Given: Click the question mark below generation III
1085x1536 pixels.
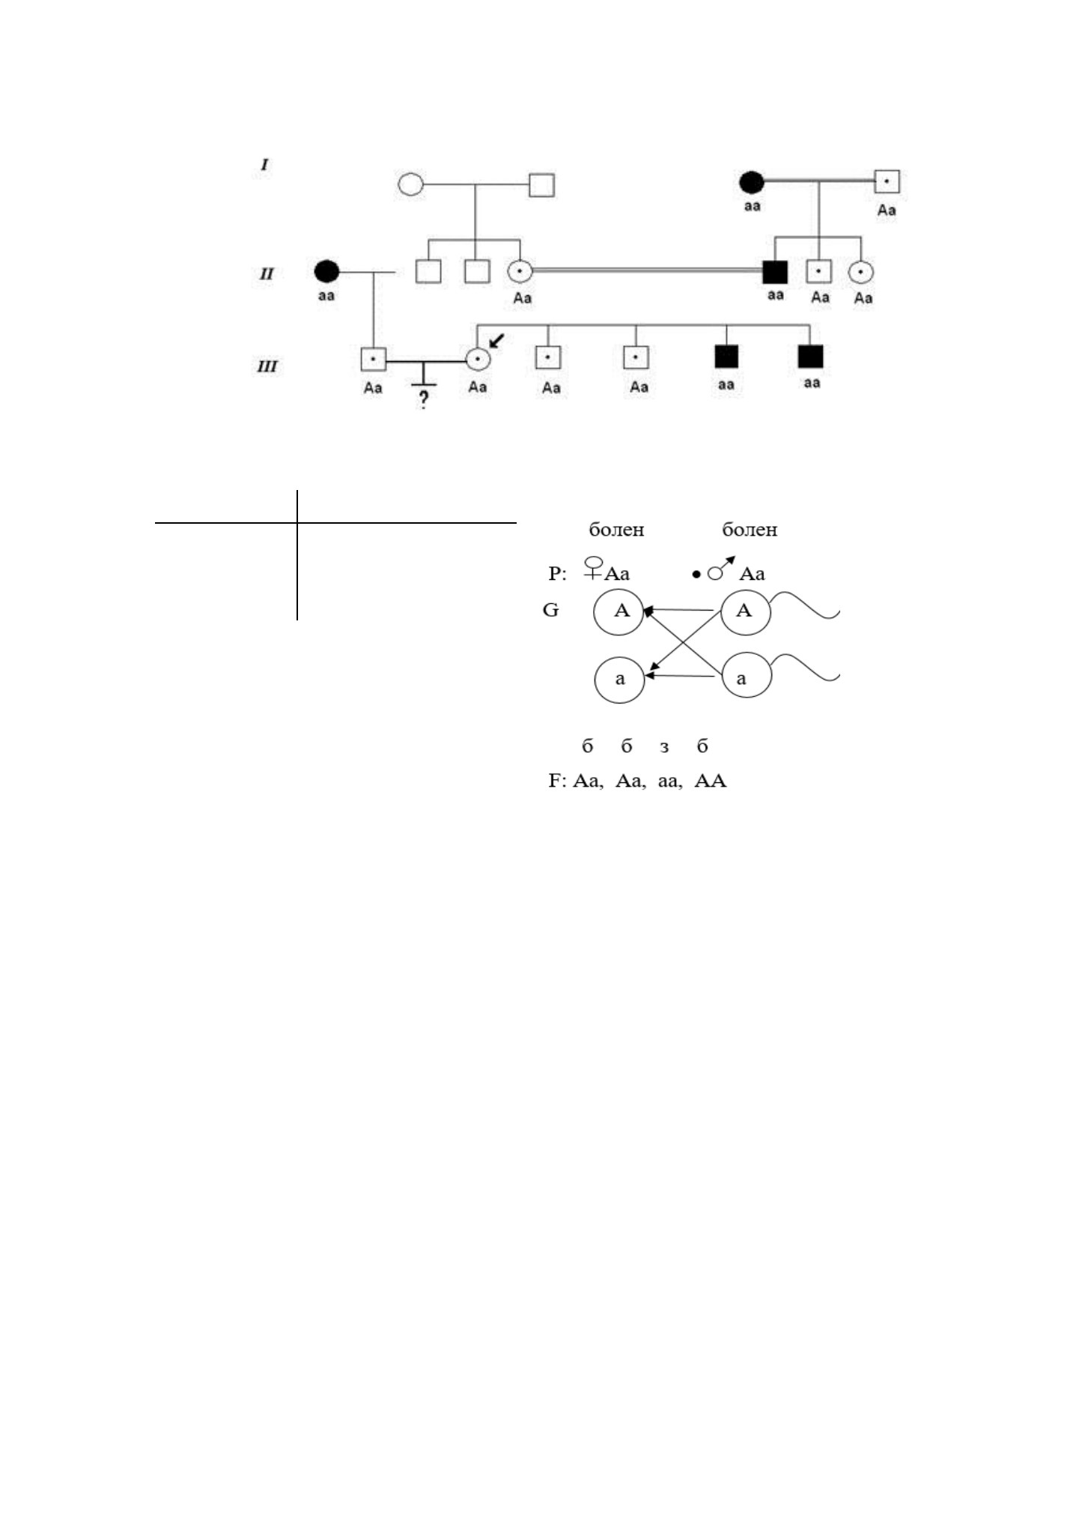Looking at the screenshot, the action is pos(424,399).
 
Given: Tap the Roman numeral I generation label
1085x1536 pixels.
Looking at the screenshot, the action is pos(264,164).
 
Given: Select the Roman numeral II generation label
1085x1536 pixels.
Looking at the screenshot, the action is pos(267,273).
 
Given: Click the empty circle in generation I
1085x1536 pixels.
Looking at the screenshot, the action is pos(410,184).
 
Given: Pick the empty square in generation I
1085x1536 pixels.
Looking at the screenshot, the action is pos(542,184).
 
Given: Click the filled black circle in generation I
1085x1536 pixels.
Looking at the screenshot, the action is pos(751,183).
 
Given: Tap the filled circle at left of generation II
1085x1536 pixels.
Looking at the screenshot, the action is pos(326,271).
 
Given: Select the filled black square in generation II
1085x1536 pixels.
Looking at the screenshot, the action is pos(775,271).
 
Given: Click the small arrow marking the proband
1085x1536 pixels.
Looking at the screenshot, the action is pos(495,343).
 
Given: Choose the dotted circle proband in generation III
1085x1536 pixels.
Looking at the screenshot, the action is pos(478,360).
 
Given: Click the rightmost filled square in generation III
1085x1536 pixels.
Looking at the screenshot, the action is pos(811,357).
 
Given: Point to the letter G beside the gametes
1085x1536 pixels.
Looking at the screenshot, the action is pos(550,611).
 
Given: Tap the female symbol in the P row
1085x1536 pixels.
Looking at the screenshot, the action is pos(595,567).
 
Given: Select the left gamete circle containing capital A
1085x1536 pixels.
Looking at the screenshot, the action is pos(620,611).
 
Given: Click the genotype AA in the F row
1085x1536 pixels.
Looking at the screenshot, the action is pos(711,781).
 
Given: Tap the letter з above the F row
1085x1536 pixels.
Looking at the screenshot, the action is pos(664,747).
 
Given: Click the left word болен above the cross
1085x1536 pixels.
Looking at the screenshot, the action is pos(617,530).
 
